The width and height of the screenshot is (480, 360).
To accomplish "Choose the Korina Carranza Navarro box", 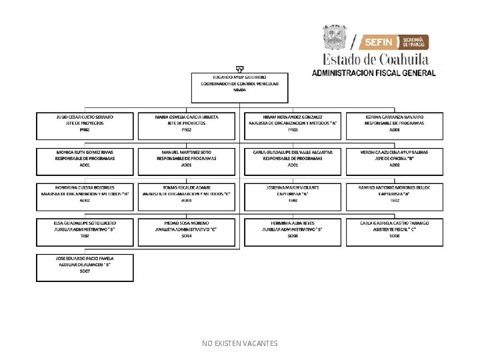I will [395, 124].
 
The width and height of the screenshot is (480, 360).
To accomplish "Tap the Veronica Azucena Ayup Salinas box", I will [395, 159].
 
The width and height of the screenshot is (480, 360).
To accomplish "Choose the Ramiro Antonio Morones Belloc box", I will [395, 194].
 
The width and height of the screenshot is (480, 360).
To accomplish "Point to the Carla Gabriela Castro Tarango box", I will [395, 229].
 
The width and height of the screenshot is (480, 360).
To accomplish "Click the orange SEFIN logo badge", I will [380, 42].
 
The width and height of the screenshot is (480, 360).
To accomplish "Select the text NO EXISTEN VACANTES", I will [240, 343].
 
